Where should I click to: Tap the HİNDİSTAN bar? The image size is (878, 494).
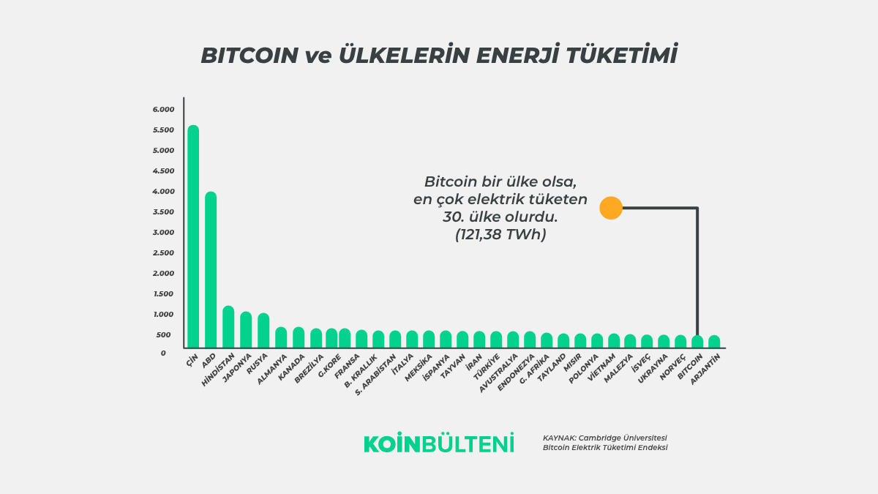pyautogui.click(x=228, y=326)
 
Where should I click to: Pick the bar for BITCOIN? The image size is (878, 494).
pyautogui.click(x=697, y=342)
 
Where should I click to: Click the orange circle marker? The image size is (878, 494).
pyautogui.click(x=611, y=209)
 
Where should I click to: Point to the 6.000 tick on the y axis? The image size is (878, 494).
pyautogui.click(x=164, y=110)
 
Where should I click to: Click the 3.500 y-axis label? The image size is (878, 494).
pyautogui.click(x=164, y=212)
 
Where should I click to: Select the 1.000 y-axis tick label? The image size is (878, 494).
pyautogui.click(x=164, y=315)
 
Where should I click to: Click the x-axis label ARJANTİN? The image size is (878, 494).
pyautogui.click(x=706, y=369)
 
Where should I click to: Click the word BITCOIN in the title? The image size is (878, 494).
pyautogui.click(x=248, y=56)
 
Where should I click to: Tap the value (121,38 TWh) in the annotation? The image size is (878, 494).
pyautogui.click(x=500, y=235)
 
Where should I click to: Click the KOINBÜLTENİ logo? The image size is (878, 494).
pyautogui.click(x=439, y=444)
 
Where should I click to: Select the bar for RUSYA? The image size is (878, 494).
pyautogui.click(x=263, y=330)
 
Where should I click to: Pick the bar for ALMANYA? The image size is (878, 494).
pyautogui.click(x=281, y=337)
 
